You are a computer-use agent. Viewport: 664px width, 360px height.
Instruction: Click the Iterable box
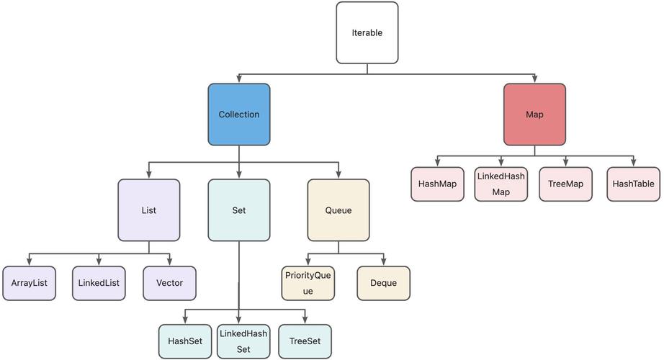click(x=367, y=32)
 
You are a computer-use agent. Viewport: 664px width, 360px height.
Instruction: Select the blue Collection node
click(x=239, y=114)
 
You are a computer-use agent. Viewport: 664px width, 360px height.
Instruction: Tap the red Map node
click(x=534, y=114)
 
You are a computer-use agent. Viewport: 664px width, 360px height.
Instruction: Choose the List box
click(x=149, y=210)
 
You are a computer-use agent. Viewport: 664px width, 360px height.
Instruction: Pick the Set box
click(x=239, y=210)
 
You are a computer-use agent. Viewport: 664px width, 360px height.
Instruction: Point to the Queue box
click(x=338, y=210)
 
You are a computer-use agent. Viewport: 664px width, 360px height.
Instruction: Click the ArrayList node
click(x=29, y=283)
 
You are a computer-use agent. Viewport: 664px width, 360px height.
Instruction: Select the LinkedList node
click(x=99, y=283)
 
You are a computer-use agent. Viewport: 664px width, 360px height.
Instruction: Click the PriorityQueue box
click(x=308, y=283)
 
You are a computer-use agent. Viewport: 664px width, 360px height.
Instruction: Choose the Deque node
click(x=384, y=283)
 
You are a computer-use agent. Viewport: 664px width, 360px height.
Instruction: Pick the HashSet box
click(x=185, y=341)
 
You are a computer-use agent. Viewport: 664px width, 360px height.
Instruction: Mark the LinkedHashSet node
click(x=243, y=341)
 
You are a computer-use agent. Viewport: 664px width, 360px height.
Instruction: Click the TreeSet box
click(x=305, y=341)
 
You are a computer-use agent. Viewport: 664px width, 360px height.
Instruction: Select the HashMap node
click(x=437, y=184)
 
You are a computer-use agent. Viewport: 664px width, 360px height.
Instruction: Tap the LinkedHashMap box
click(x=501, y=184)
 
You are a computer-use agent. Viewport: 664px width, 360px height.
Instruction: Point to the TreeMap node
click(x=565, y=184)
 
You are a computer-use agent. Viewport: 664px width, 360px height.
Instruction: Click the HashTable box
click(x=633, y=184)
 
